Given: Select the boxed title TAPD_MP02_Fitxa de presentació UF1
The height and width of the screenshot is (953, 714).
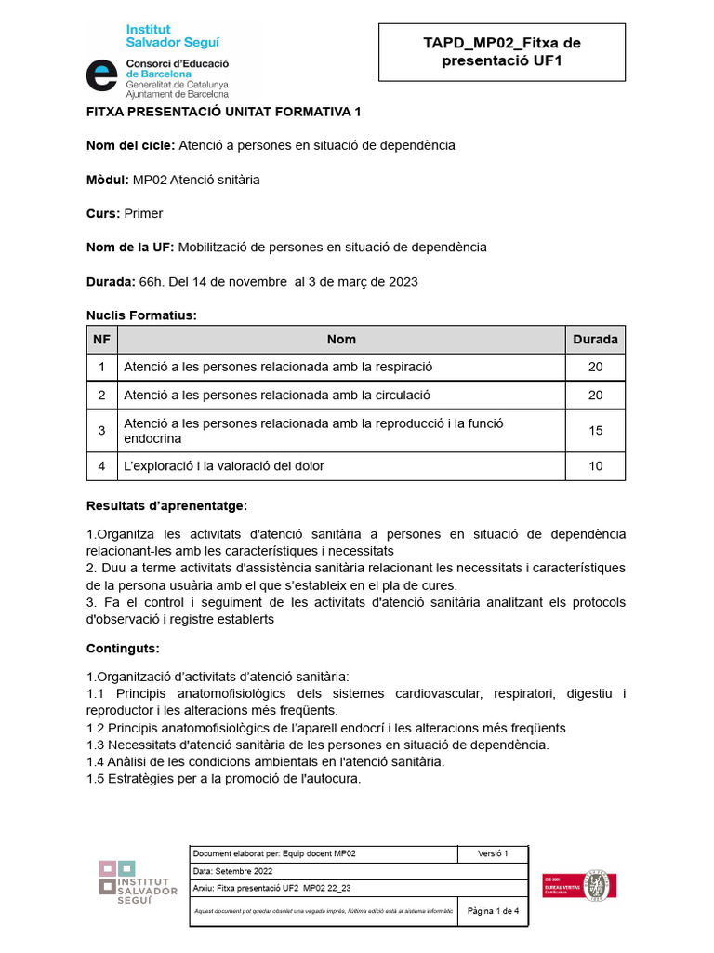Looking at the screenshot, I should (x=501, y=51).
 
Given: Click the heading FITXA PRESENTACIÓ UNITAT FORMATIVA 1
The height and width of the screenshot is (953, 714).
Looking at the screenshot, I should (x=223, y=112).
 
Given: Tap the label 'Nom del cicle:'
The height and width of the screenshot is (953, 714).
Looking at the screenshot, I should (x=129, y=145).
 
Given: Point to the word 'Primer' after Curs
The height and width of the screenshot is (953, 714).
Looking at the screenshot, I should (x=143, y=213).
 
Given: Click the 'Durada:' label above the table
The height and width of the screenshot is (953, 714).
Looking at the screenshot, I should (x=110, y=281).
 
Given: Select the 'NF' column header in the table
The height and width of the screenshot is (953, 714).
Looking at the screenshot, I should (x=101, y=340).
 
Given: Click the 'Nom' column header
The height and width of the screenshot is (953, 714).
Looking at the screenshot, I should (x=341, y=340).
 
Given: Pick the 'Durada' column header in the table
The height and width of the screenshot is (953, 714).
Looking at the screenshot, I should (x=595, y=340).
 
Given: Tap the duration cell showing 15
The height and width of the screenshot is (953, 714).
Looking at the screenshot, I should (x=595, y=431).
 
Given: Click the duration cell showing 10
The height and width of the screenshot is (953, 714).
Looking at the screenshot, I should (x=595, y=465).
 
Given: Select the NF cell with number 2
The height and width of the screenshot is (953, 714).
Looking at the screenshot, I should (x=101, y=395).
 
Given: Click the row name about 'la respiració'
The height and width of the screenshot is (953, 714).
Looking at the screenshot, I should (x=278, y=367).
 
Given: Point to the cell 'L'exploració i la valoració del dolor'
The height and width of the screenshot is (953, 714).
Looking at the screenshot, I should (x=224, y=465).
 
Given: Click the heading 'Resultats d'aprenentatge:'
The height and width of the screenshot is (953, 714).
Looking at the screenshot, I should (x=166, y=506).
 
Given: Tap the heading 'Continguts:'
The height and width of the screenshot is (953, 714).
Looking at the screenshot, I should (x=123, y=648).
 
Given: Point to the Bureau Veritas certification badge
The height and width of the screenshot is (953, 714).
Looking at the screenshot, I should (x=580, y=885).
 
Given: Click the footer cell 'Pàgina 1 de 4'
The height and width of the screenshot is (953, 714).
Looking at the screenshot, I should (x=493, y=911).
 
